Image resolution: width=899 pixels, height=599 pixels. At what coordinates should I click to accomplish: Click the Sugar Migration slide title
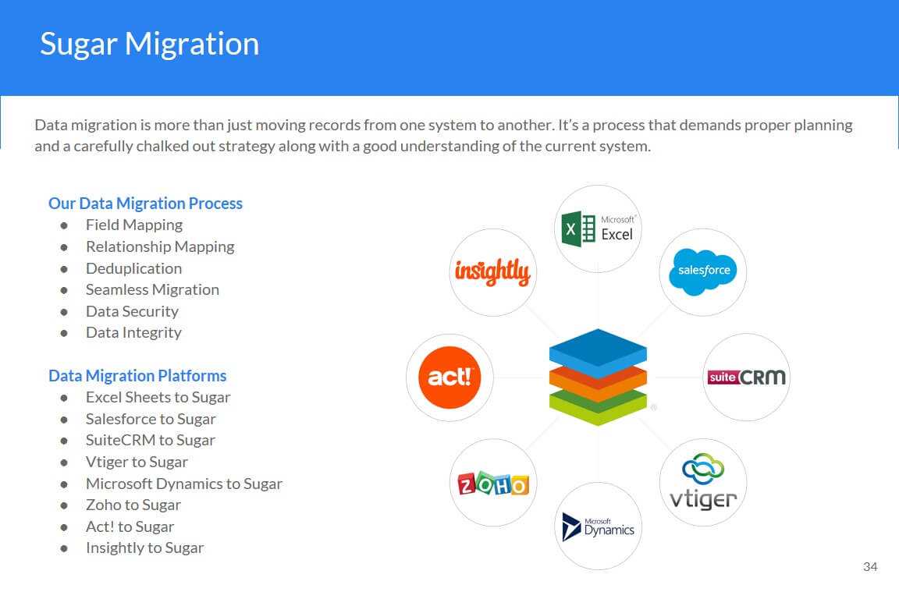[150, 44]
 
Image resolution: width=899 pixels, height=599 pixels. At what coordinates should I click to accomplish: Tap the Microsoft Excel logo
[598, 229]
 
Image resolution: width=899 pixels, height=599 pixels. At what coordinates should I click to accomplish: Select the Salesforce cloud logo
[703, 271]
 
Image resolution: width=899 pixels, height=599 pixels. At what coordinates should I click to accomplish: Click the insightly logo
[492, 271]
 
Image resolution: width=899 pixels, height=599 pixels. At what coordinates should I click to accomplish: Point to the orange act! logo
[449, 377]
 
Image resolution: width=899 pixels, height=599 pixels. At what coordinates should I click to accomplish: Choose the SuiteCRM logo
[746, 377]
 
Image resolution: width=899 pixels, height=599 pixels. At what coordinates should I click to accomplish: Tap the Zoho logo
[493, 484]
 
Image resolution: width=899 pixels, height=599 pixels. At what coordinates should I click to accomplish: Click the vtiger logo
[703, 481]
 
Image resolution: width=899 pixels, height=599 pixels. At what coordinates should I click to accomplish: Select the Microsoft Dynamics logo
[598, 526]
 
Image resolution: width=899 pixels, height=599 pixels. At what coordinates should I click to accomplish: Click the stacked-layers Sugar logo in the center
[598, 377]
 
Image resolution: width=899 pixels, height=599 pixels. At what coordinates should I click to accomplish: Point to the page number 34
[870, 567]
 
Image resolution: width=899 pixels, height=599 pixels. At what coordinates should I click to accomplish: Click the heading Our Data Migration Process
[146, 204]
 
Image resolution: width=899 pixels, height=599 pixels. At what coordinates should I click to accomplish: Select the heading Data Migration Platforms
[137, 376]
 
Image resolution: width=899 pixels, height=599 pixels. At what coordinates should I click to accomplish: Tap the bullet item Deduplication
[133, 268]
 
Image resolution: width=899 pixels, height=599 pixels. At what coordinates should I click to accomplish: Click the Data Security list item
[132, 311]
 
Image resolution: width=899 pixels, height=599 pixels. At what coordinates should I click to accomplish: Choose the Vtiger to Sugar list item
[137, 462]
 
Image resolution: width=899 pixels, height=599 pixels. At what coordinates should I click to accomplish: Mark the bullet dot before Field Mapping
[64, 226]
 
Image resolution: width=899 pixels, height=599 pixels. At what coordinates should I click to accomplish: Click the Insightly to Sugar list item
[144, 548]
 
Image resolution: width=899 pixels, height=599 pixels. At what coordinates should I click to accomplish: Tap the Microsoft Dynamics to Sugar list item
[184, 484]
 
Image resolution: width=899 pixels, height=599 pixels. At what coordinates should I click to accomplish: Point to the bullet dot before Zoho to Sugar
[64, 505]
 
